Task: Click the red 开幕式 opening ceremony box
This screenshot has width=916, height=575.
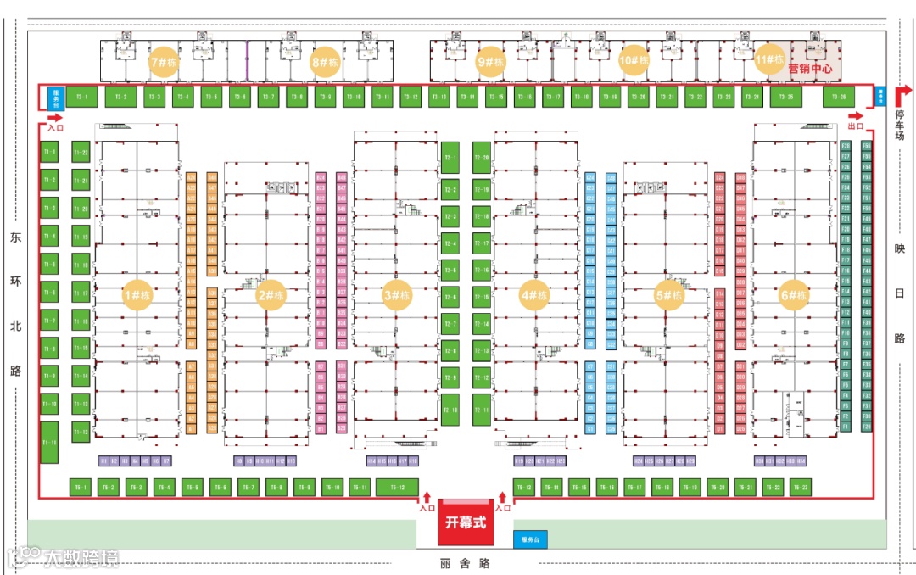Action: (x=466, y=523)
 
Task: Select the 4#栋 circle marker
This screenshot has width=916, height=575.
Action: (x=533, y=295)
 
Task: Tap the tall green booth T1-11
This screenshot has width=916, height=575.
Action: (x=49, y=443)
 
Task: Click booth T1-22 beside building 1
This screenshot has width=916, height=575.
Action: (x=81, y=153)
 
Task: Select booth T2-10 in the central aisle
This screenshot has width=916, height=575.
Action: (x=450, y=410)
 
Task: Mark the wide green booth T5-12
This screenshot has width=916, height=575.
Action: (x=397, y=488)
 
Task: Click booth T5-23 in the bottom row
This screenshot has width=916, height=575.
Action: (x=800, y=488)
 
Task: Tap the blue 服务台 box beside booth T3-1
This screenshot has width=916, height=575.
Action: (x=57, y=97)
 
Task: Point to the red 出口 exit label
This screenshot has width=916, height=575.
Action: (x=856, y=126)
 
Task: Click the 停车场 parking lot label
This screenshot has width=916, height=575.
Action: (x=900, y=125)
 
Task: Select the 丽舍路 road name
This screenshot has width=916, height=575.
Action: (x=466, y=563)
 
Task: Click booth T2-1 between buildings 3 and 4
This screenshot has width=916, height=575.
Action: (x=450, y=158)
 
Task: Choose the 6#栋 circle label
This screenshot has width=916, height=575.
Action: (x=795, y=295)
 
